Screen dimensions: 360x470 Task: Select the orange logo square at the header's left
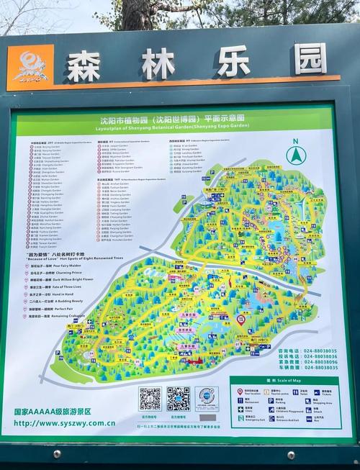(30, 68)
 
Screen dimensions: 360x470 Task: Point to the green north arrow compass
(294, 153)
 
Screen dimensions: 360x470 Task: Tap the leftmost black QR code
(150, 398)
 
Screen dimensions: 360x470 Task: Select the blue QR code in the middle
(178, 398)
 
